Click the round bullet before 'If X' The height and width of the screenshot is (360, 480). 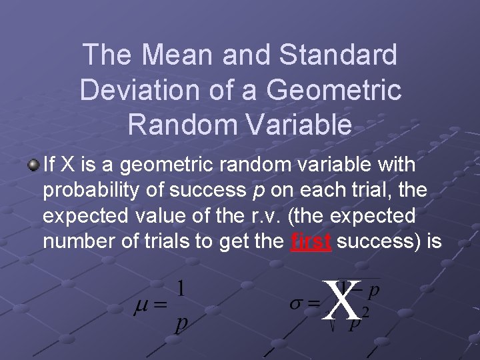33,164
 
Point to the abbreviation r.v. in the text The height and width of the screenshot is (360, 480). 263,216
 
